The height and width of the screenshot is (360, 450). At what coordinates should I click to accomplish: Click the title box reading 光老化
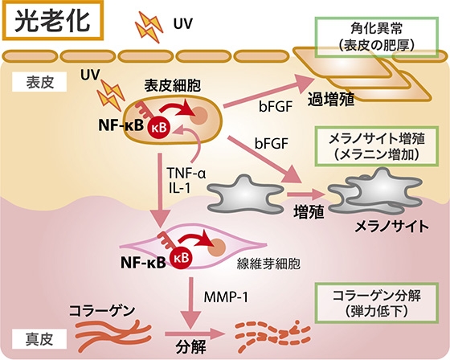coord(53,20)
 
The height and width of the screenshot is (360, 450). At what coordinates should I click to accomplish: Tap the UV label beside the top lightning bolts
coord(183,24)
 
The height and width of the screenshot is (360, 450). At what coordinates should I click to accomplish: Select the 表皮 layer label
coord(39,82)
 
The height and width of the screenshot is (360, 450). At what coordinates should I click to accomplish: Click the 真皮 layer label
coord(39,339)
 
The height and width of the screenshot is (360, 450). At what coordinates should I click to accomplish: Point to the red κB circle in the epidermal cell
coord(159,128)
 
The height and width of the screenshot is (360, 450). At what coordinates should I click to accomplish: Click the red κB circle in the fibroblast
coord(182,257)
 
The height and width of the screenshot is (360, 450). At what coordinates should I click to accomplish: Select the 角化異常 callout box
coord(377,37)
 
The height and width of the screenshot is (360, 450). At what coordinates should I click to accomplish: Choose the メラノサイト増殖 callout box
coord(377,146)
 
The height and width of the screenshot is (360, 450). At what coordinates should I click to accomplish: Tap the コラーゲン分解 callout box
coord(377,303)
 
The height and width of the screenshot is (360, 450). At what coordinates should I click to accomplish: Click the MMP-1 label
coord(226,297)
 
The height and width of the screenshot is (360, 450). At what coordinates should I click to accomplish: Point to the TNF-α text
coord(186,173)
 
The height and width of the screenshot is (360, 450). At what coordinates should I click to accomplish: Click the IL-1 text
coord(180,188)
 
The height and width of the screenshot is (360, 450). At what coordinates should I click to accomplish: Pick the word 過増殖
coord(331,100)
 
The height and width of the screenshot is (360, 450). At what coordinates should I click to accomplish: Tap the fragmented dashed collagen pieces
coord(272,335)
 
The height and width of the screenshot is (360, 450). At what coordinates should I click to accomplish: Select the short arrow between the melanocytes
coord(306,194)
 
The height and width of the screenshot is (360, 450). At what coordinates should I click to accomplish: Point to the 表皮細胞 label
coord(172,85)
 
